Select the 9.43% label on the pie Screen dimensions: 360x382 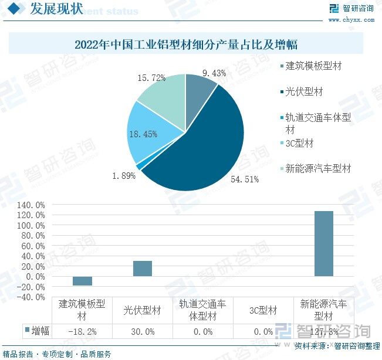pyautogui.click(x=214, y=73)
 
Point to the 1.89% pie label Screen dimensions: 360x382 pyautogui.click(x=124, y=175)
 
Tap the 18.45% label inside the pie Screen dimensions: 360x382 pyautogui.click(x=143, y=134)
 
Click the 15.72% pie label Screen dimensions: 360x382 pyautogui.click(x=151, y=77)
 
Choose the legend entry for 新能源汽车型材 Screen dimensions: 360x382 pyautogui.click(x=317, y=168)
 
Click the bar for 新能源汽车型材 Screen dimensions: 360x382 pyautogui.click(x=323, y=243)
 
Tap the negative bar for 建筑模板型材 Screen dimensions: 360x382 pyautogui.click(x=82, y=281)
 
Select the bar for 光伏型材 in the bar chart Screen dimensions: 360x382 pyautogui.click(x=143, y=269)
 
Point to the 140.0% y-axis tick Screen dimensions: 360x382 pyautogui.click(x=32, y=205)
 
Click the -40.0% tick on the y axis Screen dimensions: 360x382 pyautogui.click(x=32, y=297)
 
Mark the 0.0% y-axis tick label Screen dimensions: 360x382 pyautogui.click(x=35, y=277)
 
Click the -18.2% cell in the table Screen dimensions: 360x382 pyautogui.click(x=82, y=332)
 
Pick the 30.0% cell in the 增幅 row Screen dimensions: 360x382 pyautogui.click(x=143, y=332)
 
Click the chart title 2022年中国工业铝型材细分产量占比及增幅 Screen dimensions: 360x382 pyautogui.click(x=186, y=44)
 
